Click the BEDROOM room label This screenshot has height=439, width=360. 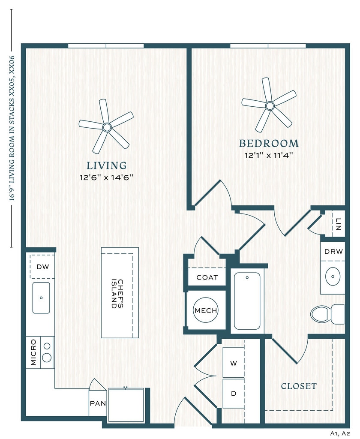(x=269, y=143)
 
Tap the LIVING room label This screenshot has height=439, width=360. (x=106, y=165)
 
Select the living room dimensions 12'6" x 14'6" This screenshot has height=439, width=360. (x=106, y=177)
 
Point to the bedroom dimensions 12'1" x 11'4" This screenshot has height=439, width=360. (x=269, y=155)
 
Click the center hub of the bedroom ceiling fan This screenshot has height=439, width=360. (x=270, y=106)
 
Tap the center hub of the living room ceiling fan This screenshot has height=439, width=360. (x=107, y=127)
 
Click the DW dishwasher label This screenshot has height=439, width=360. (x=42, y=267)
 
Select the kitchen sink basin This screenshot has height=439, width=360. (x=41, y=298)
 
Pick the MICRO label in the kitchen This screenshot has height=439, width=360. (x=33, y=352)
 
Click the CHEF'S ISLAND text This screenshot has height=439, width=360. (x=117, y=294)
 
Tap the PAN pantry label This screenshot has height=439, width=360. (x=98, y=403)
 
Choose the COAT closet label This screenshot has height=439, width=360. (x=207, y=277)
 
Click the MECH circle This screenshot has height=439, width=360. (x=206, y=310)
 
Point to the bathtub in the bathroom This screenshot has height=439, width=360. (x=247, y=301)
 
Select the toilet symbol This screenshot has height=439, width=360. (x=327, y=314)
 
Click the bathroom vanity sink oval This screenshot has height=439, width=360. (x=333, y=277)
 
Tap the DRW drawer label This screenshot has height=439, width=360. (x=333, y=251)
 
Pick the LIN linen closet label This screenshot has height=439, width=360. (x=338, y=224)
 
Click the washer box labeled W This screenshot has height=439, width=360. (x=234, y=363)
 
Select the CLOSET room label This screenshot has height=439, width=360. (x=299, y=386)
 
